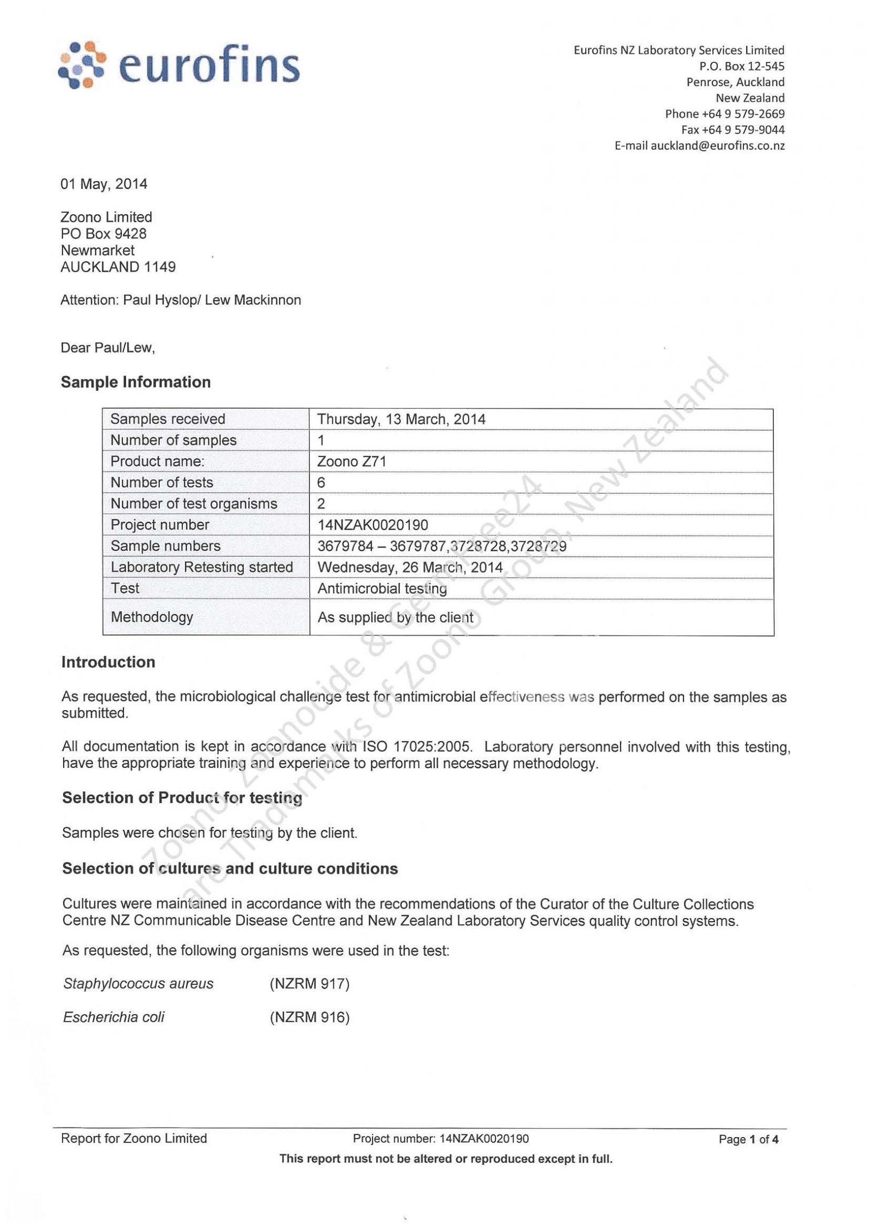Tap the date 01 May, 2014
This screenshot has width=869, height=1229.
[104, 184]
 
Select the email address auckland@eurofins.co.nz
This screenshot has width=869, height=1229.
[717, 145]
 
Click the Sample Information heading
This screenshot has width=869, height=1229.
[135, 382]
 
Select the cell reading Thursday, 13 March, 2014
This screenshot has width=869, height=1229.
[401, 419]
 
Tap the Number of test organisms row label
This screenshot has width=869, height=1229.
[194, 504]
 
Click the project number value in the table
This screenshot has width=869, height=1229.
[373, 525]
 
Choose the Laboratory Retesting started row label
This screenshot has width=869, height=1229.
[201, 567]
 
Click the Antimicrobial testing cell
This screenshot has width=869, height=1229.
[382, 588]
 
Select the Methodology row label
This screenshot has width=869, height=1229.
[152, 617]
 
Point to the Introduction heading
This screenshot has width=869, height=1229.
[108, 662]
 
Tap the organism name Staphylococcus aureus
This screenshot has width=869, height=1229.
[138, 983]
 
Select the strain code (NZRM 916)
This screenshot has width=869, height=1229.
[309, 1017]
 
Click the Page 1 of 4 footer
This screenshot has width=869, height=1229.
[748, 1139]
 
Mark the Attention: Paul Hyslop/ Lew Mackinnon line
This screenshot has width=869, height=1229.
[181, 300]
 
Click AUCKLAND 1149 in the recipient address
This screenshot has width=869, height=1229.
[118, 267]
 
